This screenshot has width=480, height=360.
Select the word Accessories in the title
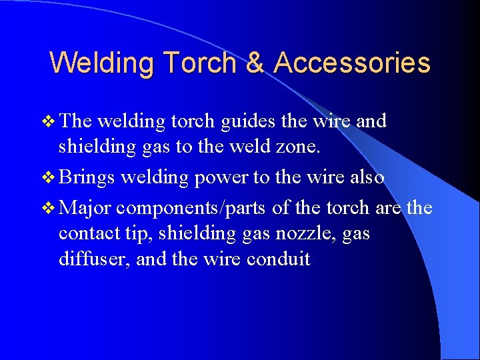(352, 63)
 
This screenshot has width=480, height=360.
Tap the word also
(366, 178)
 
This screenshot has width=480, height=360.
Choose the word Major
(84, 207)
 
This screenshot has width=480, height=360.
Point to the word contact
(83, 233)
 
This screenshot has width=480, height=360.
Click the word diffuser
(94, 259)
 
